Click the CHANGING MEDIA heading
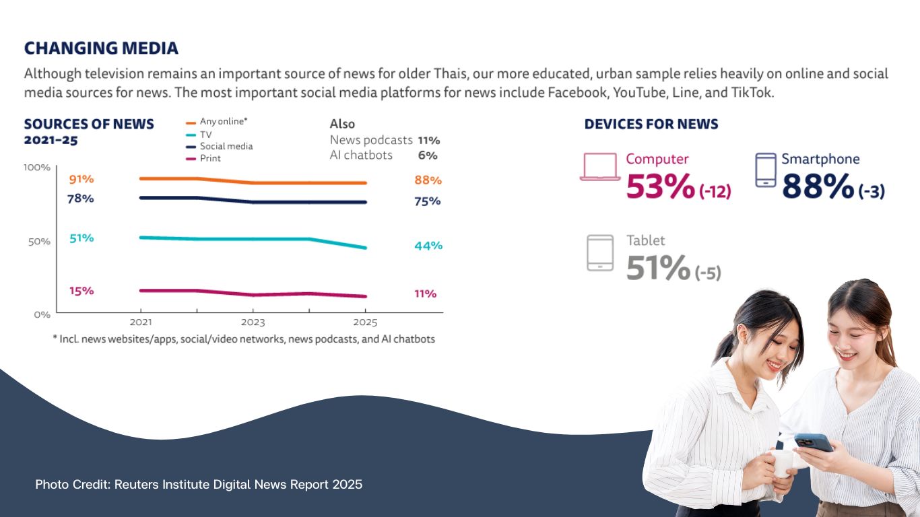tap(101, 48)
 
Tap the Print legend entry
tap(210, 158)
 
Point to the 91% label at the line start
tap(81, 179)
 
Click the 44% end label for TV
tap(428, 246)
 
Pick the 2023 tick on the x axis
tap(253, 322)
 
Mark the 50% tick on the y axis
tap(39, 242)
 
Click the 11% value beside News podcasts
tap(428, 141)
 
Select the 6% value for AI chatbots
tap(428, 156)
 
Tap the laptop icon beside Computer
tap(600, 167)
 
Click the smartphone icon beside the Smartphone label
tap(766, 170)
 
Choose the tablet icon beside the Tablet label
tap(600, 252)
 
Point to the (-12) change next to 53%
tap(715, 192)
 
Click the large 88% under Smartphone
tap(818, 186)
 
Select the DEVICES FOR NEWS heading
tap(651, 125)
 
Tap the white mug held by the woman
tap(781, 462)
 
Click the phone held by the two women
tap(813, 442)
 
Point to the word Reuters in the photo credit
tap(139, 484)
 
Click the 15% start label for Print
tap(81, 291)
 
